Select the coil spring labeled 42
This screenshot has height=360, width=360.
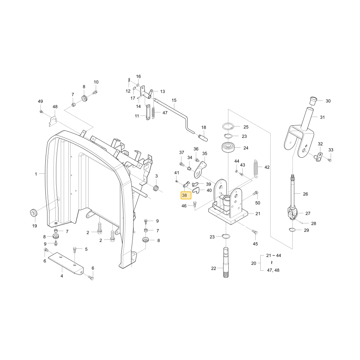pos(256,168)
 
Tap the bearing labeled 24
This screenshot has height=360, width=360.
pos(228,147)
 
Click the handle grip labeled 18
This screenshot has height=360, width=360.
pos(203,138)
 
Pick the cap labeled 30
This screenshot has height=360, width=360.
pos(313,101)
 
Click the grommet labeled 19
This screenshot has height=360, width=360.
pos(34,213)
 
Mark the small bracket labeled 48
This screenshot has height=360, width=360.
pos(53,121)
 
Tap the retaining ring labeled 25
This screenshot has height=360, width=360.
pos(228,126)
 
